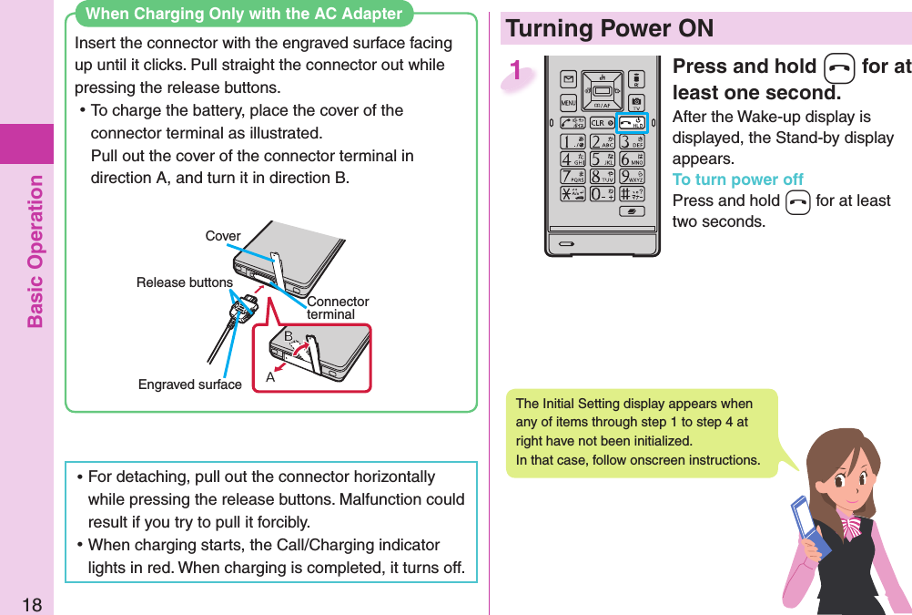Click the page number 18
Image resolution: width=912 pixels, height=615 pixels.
pyautogui.click(x=31, y=603)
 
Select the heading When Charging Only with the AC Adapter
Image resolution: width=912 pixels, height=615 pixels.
pyautogui.click(x=243, y=14)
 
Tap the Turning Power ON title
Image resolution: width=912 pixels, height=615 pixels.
pyautogui.click(x=610, y=28)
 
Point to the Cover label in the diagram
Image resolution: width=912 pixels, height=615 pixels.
pyautogui.click(x=222, y=236)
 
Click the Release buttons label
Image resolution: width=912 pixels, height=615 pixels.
pyautogui.click(x=184, y=282)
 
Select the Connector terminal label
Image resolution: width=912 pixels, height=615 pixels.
pyautogui.click(x=338, y=308)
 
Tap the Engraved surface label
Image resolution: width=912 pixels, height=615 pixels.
pyautogui.click(x=190, y=384)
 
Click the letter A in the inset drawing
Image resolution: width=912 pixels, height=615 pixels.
pyautogui.click(x=270, y=377)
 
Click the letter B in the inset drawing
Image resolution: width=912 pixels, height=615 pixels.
pyautogui.click(x=288, y=336)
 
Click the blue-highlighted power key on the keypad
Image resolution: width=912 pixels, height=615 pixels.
pyautogui.click(x=632, y=123)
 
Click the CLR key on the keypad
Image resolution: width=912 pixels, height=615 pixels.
pyautogui.click(x=600, y=123)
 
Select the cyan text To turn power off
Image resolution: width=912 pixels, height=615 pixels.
pyautogui.click(x=737, y=179)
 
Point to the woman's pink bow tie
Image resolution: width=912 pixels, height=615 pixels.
pyautogui.click(x=851, y=526)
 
